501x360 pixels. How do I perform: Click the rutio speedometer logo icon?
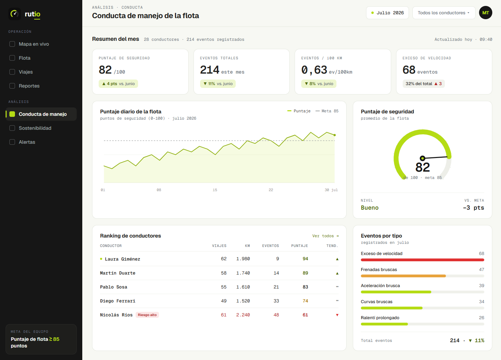coord(15,14)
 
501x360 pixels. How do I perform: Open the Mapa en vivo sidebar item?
coord(34,44)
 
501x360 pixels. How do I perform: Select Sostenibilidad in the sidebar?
coord(35,128)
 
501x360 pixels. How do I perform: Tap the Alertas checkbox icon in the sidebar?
coord(12,142)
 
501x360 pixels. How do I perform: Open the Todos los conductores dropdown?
coord(443,13)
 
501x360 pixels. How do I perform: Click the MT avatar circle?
coord(485,13)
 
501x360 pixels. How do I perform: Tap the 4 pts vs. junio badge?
coord(118,84)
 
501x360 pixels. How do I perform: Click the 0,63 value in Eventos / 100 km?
coord(314,70)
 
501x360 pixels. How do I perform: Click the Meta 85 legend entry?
coord(327,111)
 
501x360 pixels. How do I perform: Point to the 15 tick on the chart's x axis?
coord(215,190)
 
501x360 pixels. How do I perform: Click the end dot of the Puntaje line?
coord(335,135)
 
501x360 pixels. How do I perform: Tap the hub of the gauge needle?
coord(422,158)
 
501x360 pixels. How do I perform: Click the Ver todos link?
coord(325,236)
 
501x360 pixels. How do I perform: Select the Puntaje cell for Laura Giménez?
coord(305,259)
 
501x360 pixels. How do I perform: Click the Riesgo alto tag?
coord(147,315)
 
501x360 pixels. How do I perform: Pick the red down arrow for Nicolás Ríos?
coord(337,315)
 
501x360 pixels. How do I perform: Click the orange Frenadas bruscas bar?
coord(403,276)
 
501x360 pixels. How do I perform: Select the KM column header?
coord(248,246)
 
